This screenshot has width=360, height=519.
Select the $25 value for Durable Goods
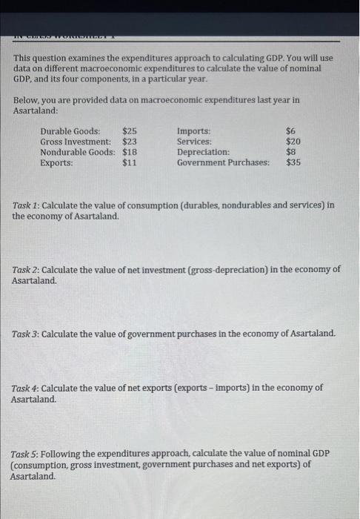point(130,131)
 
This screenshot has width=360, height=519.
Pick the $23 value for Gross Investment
point(130,142)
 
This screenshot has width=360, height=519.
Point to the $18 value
point(130,152)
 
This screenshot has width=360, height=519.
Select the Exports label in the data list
point(57,162)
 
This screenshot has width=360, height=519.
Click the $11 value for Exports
point(130,162)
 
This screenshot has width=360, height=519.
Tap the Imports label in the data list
point(194,131)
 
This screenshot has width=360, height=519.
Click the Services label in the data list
point(195,142)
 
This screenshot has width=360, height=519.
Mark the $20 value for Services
point(293,142)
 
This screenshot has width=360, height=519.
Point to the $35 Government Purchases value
point(293,162)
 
